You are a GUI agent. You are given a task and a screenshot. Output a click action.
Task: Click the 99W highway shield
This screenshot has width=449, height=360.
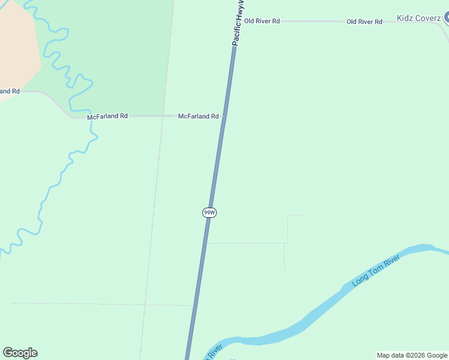click(x=209, y=212)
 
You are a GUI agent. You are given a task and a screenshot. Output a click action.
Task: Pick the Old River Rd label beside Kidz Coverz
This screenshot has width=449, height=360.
click(x=364, y=22)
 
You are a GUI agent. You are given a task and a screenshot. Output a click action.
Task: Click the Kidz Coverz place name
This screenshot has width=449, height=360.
click(x=419, y=18)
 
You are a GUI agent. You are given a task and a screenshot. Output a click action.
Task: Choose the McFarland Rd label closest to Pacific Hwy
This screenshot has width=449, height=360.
click(x=198, y=116)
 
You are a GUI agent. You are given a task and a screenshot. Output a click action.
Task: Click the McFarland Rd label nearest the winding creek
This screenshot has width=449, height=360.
click(x=107, y=116)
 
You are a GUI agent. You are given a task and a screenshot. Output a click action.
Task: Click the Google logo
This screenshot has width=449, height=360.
click(x=20, y=353)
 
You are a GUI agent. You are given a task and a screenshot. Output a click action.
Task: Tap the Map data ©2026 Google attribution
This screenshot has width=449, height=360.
click(x=412, y=355)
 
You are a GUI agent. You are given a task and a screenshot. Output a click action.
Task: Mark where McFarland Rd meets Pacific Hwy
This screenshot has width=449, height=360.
click(x=223, y=116)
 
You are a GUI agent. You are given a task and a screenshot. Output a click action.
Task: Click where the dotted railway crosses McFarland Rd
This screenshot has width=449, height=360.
click(x=162, y=116)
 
